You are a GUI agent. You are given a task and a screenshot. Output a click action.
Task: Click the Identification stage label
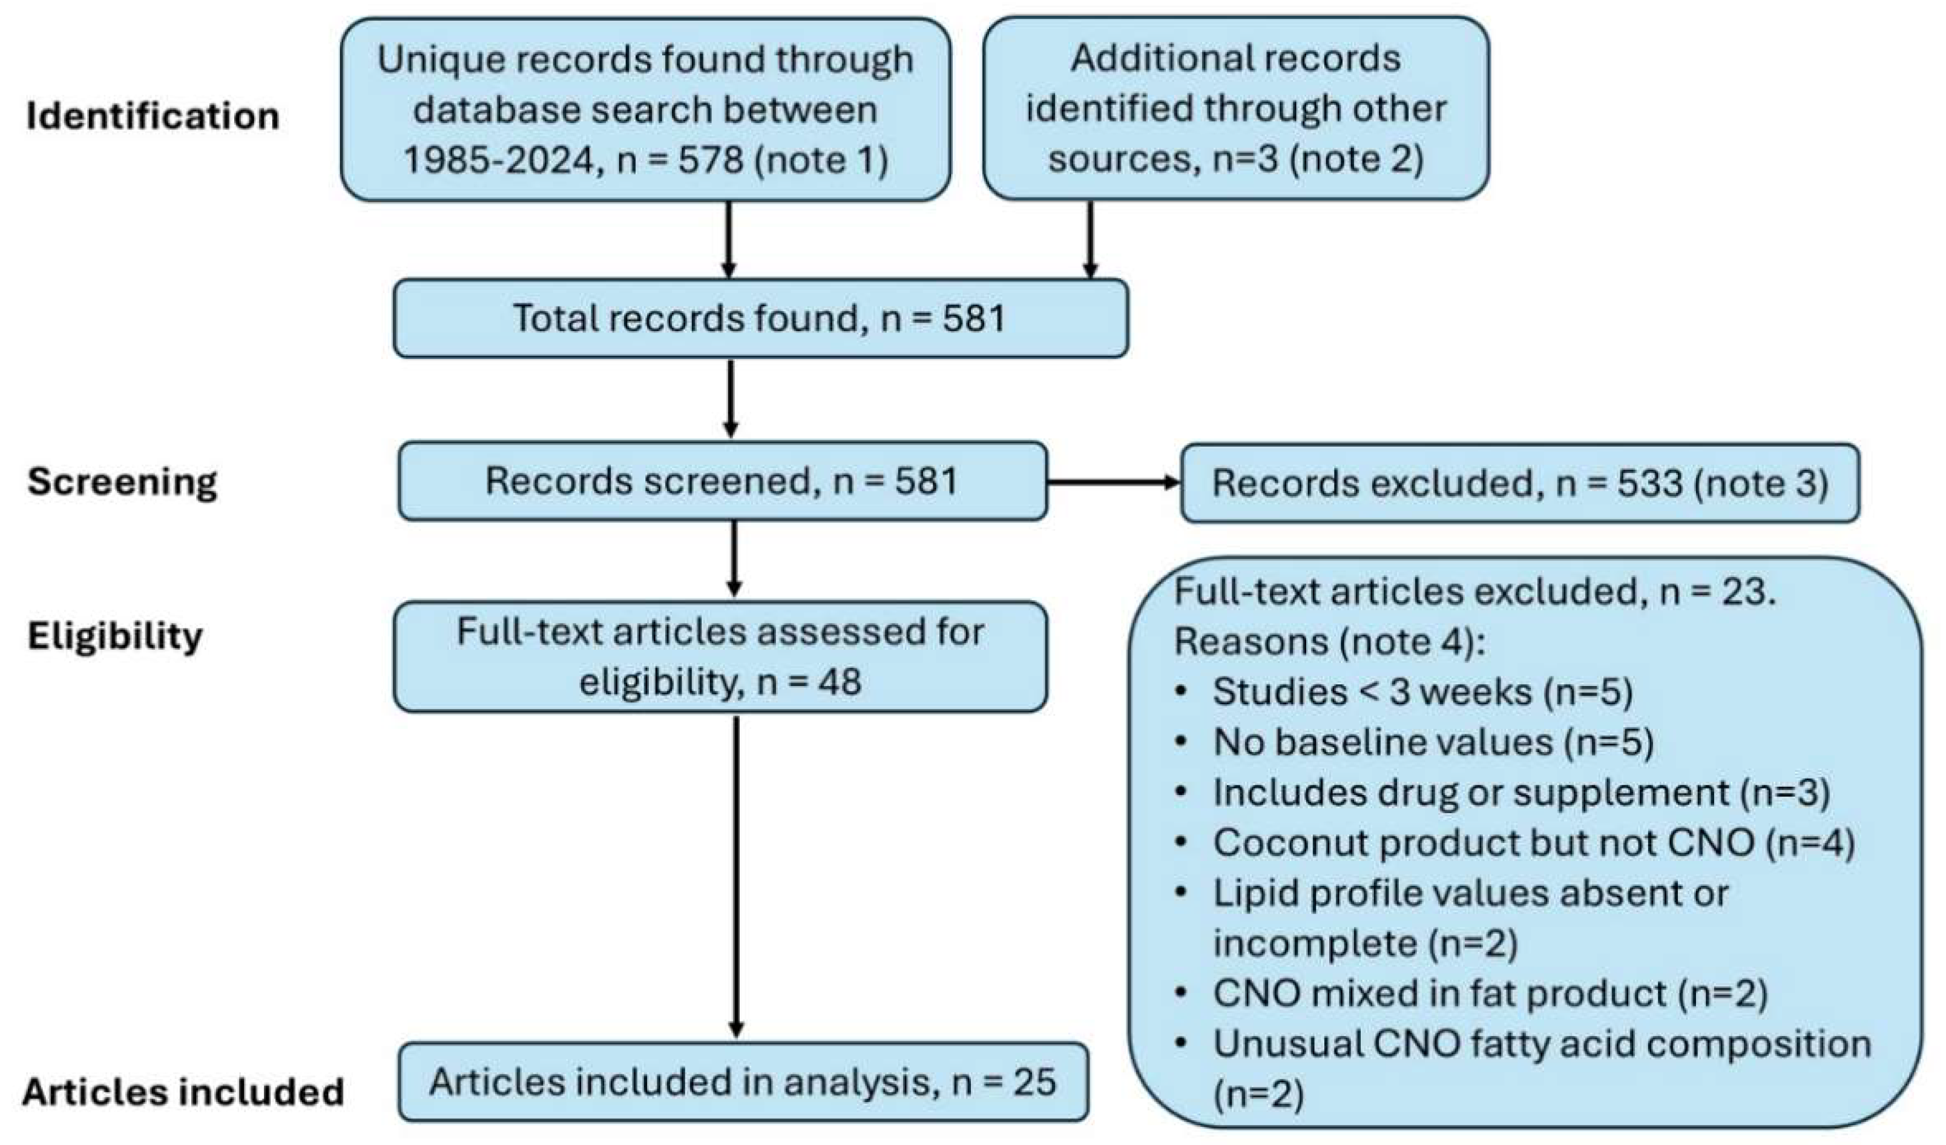tap(152, 116)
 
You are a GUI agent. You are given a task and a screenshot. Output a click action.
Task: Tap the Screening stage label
tap(122, 481)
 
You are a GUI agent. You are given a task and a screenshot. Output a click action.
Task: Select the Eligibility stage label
tap(114, 636)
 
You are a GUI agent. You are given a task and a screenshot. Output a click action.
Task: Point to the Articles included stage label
tap(182, 1092)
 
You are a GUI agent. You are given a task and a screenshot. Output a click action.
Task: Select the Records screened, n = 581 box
tap(722, 481)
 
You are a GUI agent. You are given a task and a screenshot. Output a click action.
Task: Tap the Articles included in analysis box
tap(742, 1081)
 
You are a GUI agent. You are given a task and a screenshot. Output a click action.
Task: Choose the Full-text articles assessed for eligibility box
tap(720, 657)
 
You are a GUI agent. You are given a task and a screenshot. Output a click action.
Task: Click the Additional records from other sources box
tap(1235, 109)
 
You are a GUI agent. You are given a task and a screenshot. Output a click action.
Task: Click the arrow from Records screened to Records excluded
tap(1113, 483)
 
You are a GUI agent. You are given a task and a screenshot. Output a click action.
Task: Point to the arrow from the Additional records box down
tap(1090, 240)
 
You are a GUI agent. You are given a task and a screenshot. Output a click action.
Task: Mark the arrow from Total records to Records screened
tap(731, 398)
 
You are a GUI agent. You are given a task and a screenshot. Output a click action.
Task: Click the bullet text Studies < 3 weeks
tap(1422, 691)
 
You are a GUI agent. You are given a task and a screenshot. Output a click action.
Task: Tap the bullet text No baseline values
tap(1433, 742)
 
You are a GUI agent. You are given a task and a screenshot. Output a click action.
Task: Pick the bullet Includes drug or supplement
tap(1520, 793)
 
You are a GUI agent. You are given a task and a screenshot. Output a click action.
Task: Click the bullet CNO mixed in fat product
tap(1490, 994)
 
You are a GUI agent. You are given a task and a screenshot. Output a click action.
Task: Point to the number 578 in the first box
tap(711, 160)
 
